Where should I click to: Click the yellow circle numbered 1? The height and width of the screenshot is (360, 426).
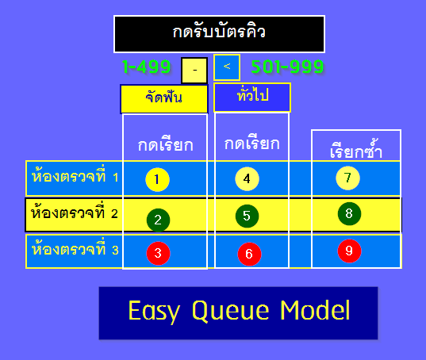click(158, 180)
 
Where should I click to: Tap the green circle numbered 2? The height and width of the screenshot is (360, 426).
click(158, 219)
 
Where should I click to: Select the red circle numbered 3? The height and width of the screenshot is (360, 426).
click(158, 253)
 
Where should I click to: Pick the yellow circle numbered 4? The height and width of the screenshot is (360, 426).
click(248, 179)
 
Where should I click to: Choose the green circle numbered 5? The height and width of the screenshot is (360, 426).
click(248, 215)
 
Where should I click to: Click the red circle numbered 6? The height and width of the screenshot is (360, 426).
click(249, 254)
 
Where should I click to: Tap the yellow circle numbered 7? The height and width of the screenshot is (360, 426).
click(347, 178)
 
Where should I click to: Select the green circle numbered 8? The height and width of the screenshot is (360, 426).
click(349, 213)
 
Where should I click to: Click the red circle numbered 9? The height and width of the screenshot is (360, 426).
click(349, 250)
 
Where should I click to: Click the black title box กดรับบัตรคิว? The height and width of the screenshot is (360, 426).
click(219, 33)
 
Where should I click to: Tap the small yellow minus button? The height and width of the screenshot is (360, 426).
click(194, 70)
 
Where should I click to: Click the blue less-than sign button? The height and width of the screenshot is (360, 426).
click(226, 67)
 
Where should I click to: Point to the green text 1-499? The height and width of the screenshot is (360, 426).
click(147, 67)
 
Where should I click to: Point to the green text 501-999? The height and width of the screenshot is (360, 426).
click(286, 67)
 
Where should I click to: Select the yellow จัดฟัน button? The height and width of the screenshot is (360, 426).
click(164, 98)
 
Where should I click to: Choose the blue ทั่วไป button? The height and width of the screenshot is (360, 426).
click(252, 96)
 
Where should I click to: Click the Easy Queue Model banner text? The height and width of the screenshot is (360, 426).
click(238, 311)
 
